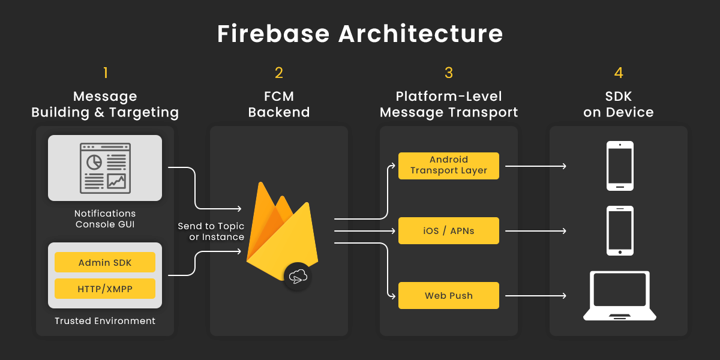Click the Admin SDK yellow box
(105, 263)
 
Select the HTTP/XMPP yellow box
(105, 289)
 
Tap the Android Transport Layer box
(449, 166)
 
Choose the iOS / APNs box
(449, 230)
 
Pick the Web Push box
(449, 295)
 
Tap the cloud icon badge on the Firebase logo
(298, 277)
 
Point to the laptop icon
(620, 295)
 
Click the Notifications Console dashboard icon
(105, 167)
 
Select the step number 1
(106, 73)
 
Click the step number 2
(279, 73)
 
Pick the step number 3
(449, 73)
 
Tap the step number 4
(619, 73)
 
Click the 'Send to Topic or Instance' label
(211, 232)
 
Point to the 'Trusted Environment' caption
(105, 321)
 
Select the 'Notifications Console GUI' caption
(105, 219)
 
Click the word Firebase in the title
(273, 34)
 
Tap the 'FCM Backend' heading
(279, 104)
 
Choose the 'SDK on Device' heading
(619, 104)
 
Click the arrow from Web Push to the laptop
(536, 296)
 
